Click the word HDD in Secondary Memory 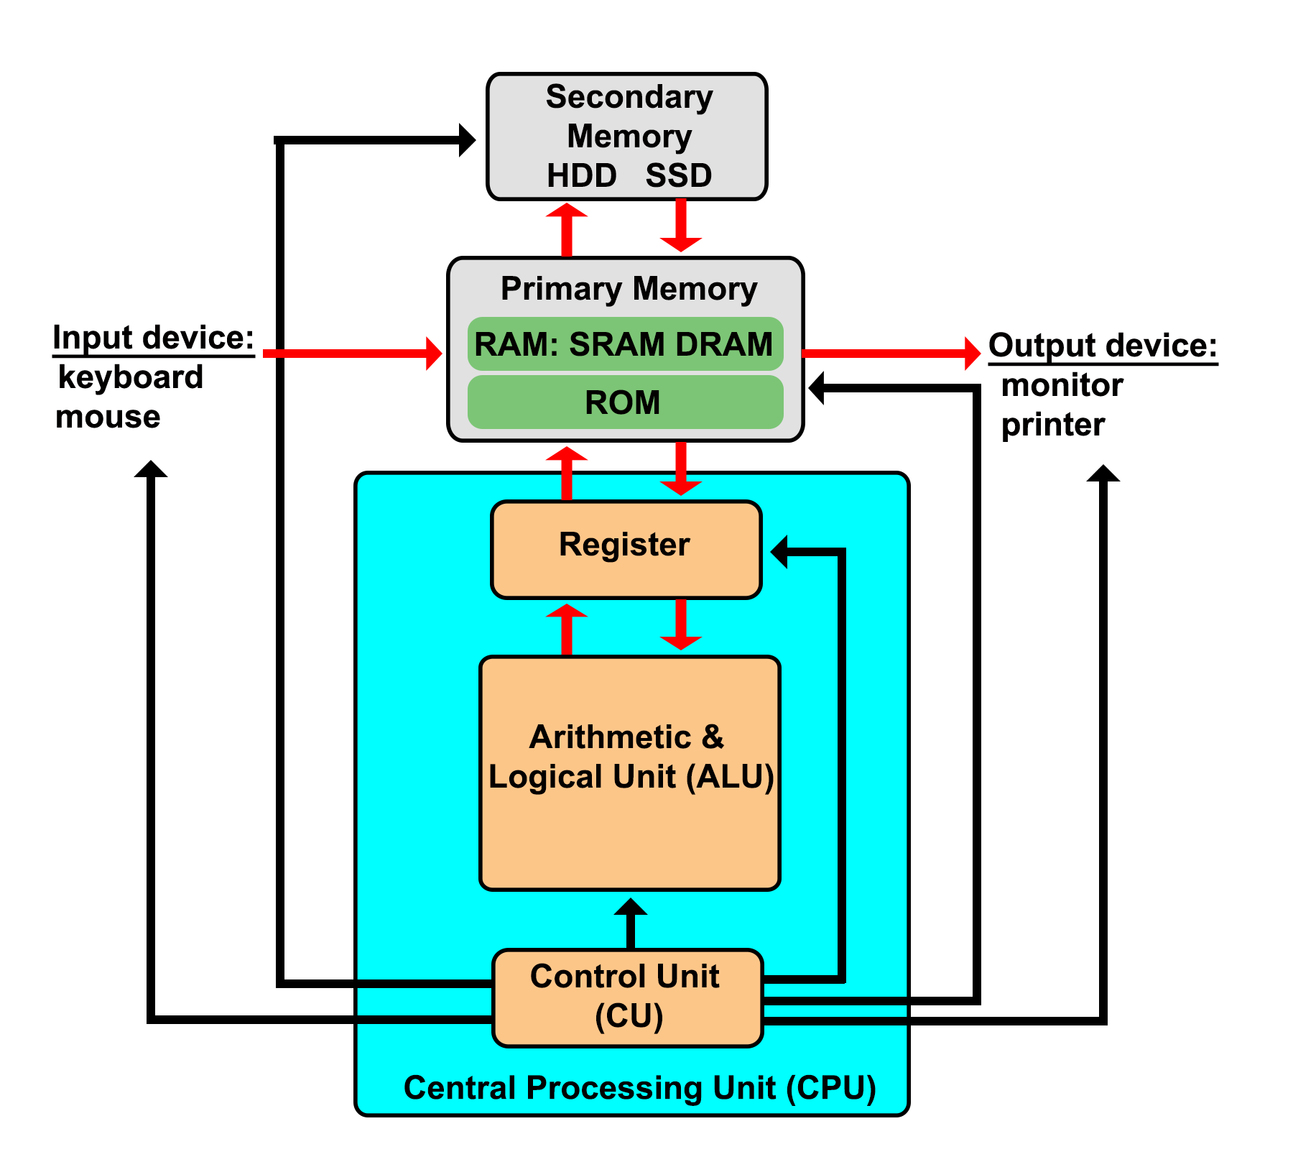(581, 175)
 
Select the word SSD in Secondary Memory (678, 175)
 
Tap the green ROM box (624, 402)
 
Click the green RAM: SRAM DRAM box (624, 344)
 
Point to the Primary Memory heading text (628, 289)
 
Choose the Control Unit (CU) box (626, 997)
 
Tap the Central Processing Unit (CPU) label (639, 1087)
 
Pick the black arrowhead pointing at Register (780, 552)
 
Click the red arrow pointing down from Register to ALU (680, 625)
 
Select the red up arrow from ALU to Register (567, 628)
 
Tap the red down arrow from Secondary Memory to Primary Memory (680, 226)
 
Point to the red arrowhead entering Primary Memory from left (433, 353)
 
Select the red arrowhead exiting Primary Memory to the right (973, 352)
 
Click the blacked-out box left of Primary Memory (154, 376)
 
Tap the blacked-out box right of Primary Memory (1103, 387)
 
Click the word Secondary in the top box (629, 97)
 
